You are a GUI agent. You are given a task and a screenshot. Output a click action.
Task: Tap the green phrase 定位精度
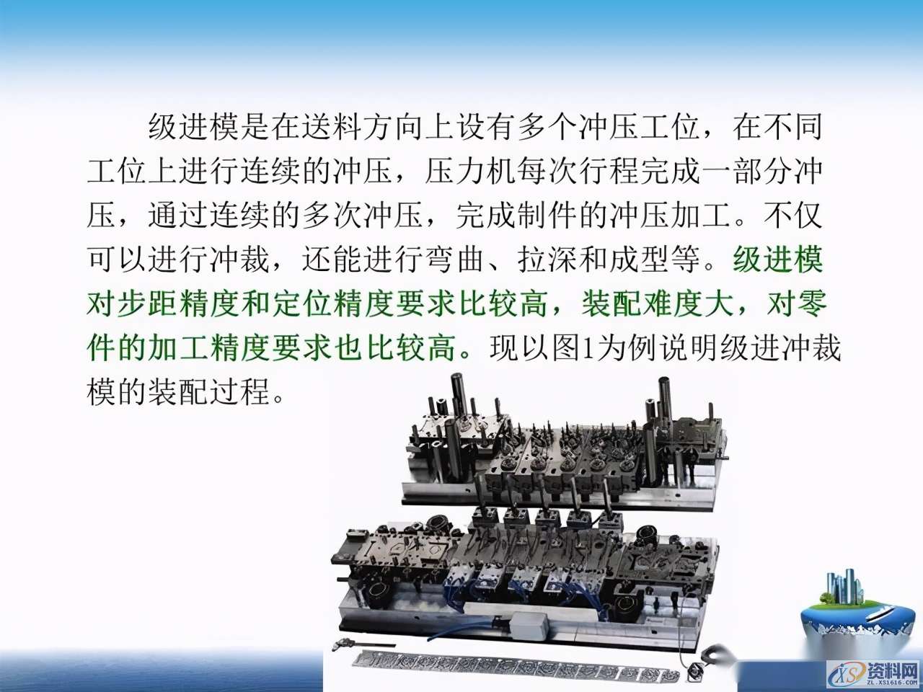click(333, 304)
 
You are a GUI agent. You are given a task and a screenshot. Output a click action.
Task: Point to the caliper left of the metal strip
click(364, 644)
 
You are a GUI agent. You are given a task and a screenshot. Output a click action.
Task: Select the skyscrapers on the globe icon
click(844, 587)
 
